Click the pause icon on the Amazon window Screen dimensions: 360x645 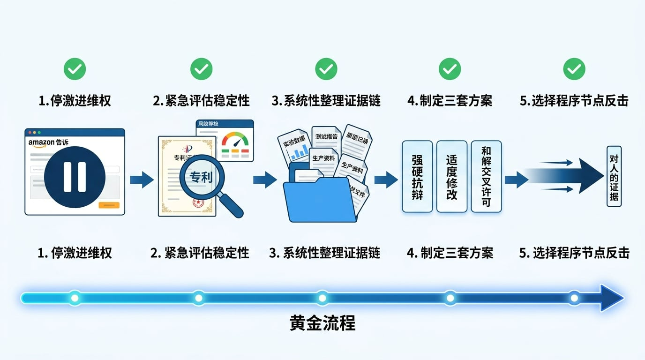point(75,177)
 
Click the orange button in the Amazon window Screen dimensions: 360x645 point(109,205)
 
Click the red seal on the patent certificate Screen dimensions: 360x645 point(198,202)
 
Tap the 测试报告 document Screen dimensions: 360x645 point(326,137)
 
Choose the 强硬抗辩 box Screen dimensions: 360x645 point(417,176)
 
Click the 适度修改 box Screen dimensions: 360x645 point(452,176)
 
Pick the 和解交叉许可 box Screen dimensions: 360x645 point(486,176)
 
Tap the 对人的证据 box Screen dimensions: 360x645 point(614,176)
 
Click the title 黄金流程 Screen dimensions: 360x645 point(322,323)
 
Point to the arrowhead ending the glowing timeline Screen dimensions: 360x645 point(611,298)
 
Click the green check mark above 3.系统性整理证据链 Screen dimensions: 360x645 point(326,69)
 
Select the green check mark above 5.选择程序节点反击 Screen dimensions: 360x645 point(574,69)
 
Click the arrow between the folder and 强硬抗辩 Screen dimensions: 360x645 point(385,179)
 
